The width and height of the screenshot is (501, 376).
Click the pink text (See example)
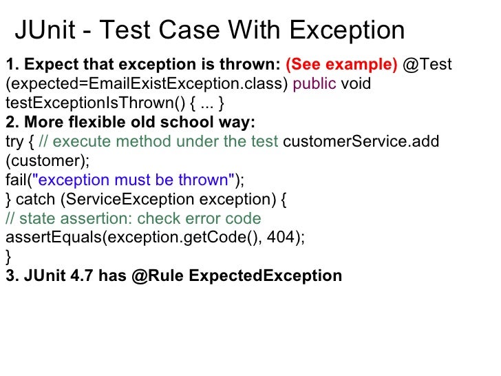point(341,65)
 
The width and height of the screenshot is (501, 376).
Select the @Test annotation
point(427,65)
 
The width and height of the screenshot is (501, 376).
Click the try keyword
point(14,142)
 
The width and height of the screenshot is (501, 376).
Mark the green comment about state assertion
point(133,219)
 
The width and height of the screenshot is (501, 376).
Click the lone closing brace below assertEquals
point(8,257)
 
